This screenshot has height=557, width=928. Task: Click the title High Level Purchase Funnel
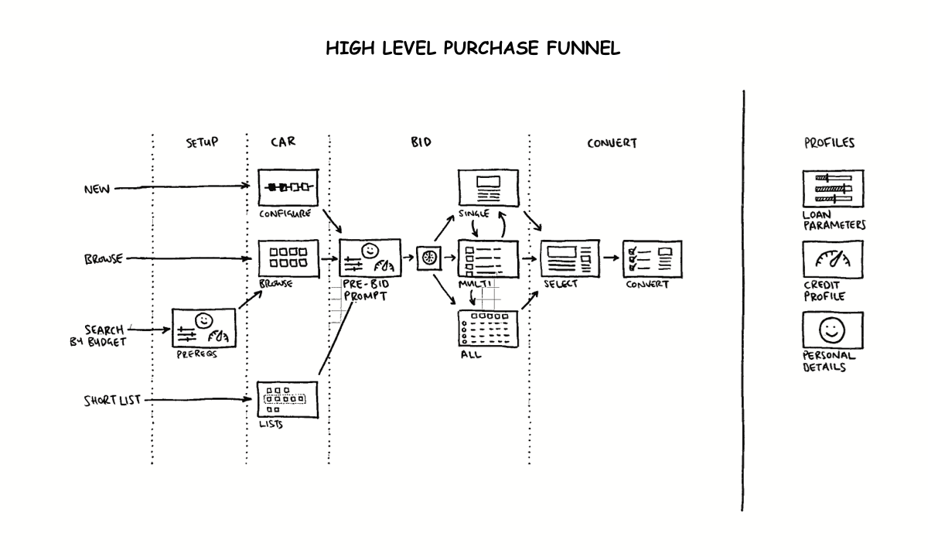[473, 49]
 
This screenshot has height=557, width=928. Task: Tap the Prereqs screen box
[203, 328]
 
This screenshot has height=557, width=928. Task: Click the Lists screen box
[288, 400]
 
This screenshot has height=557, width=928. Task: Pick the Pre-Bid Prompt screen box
[370, 258]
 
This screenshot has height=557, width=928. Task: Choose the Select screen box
[569, 258]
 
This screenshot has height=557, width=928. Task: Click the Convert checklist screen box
[652, 258]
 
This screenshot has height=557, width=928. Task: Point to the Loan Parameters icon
[832, 189]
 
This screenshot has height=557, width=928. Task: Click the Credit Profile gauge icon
[832, 259]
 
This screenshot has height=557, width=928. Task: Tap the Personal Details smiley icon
[832, 330]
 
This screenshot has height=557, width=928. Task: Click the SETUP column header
[202, 142]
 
